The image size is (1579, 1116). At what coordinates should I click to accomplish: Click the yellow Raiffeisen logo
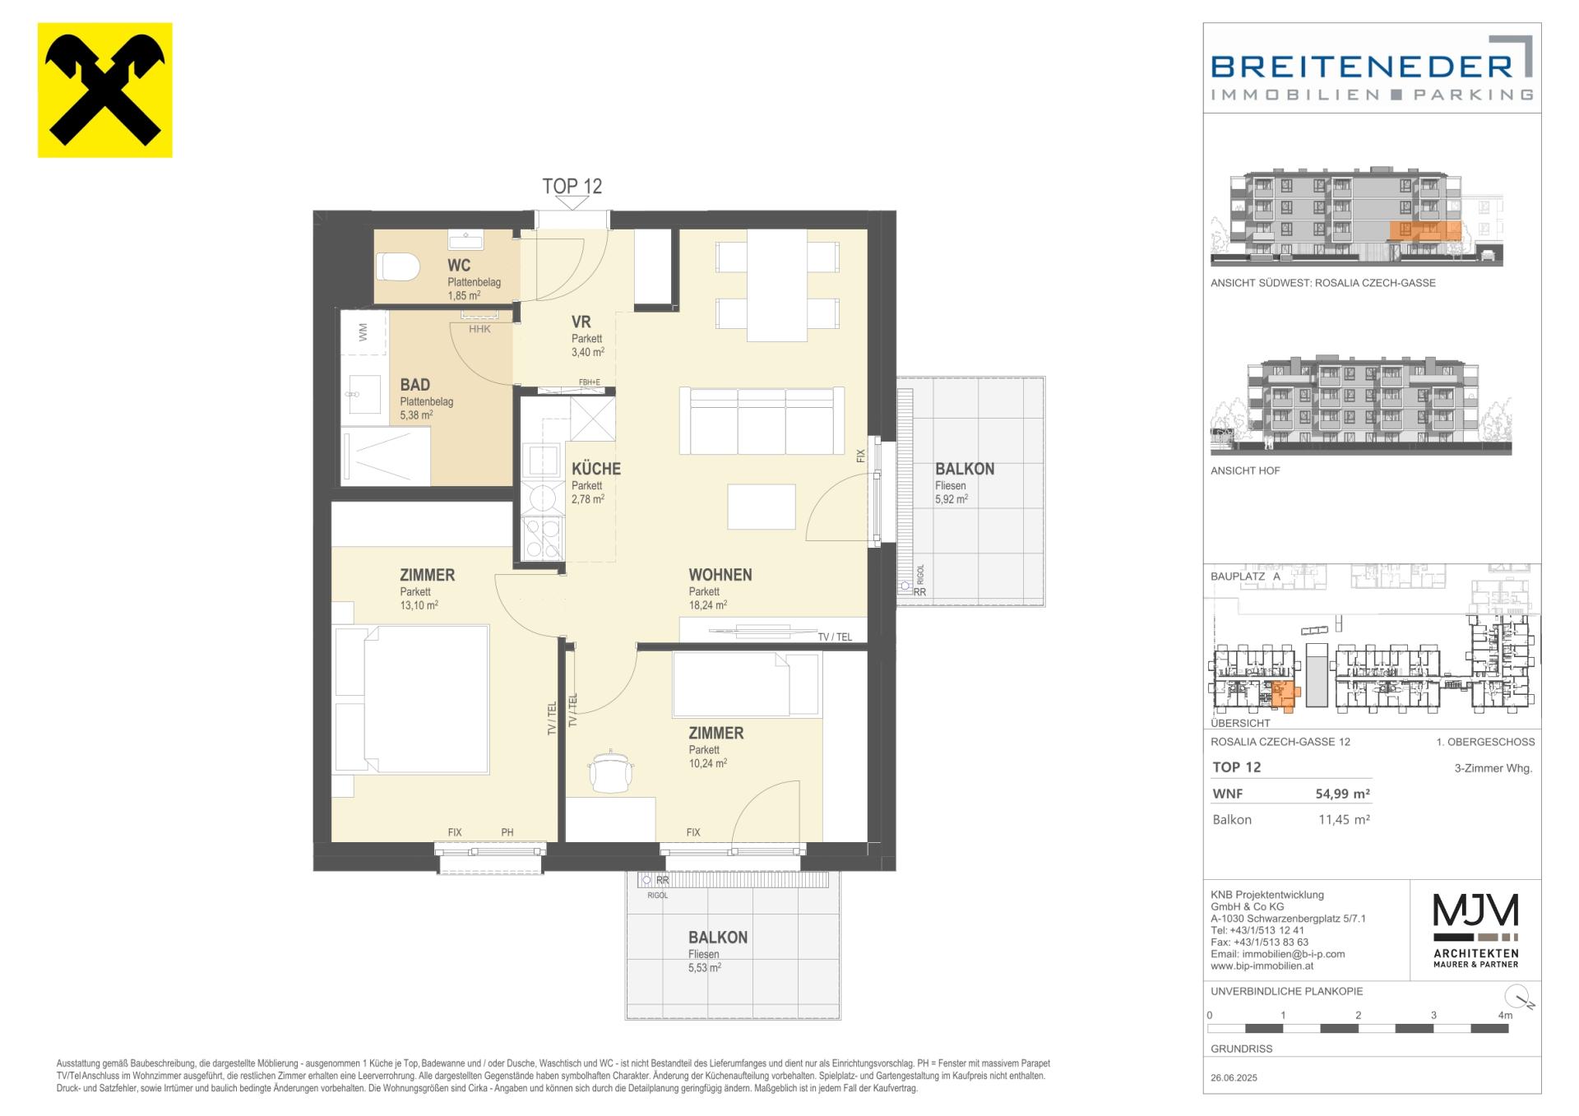pyautogui.click(x=105, y=90)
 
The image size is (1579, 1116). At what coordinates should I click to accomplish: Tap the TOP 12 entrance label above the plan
pyautogui.click(x=572, y=187)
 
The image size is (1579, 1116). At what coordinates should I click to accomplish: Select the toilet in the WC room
pyautogui.click(x=399, y=266)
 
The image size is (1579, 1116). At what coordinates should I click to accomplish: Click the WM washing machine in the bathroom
pyautogui.click(x=363, y=332)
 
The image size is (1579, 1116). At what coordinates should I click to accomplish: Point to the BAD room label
pyautogui.click(x=415, y=385)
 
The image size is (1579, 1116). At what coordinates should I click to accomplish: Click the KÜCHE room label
pyautogui.click(x=596, y=469)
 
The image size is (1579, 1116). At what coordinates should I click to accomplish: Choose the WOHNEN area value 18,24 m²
pyautogui.click(x=708, y=605)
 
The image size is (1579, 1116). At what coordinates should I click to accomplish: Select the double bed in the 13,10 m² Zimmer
pyautogui.click(x=410, y=699)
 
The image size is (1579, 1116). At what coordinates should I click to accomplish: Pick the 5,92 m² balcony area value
pyautogui.click(x=952, y=499)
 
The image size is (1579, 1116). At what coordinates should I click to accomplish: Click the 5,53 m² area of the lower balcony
pyautogui.click(x=705, y=968)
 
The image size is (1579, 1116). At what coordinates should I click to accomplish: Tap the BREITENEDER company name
pyautogui.click(x=1362, y=66)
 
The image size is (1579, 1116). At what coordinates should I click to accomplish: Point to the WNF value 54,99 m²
pyautogui.click(x=1343, y=794)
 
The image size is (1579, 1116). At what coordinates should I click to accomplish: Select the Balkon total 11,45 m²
pyautogui.click(x=1344, y=820)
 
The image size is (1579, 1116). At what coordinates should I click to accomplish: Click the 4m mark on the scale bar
pyautogui.click(x=1505, y=1016)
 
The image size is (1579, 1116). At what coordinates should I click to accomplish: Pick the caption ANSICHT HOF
pyautogui.click(x=1245, y=471)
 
